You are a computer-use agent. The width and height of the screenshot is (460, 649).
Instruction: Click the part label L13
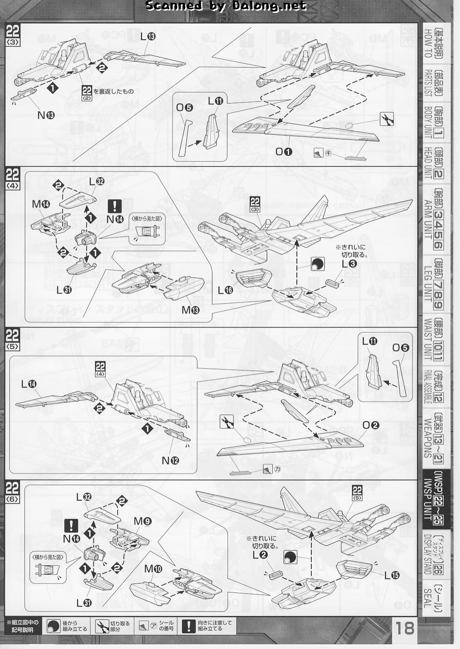(148, 37)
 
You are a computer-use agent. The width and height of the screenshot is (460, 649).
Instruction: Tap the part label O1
(283, 151)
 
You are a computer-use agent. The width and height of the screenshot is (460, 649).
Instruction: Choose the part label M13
(191, 309)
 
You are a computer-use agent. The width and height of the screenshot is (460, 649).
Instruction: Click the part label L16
(225, 290)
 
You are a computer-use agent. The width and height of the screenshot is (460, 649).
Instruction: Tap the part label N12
(170, 460)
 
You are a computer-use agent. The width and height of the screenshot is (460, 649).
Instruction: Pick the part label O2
(370, 425)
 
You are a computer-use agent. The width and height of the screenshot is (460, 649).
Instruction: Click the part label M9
(143, 521)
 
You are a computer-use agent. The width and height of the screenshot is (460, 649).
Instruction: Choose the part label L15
(391, 576)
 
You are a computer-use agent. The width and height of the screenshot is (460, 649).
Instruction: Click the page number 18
(404, 628)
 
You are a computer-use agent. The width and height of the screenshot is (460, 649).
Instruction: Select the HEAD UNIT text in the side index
(427, 163)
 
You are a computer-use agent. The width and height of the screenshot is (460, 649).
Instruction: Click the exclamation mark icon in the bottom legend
(188, 626)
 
